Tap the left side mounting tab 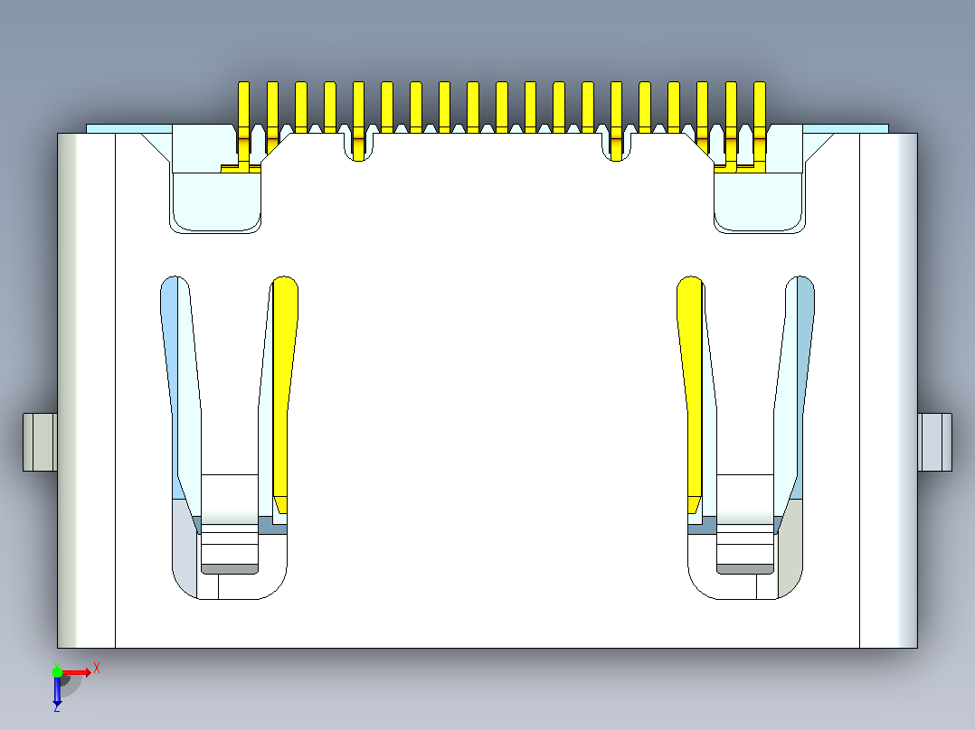click(41, 442)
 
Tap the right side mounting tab click(934, 442)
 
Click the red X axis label click(97, 669)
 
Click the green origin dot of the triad click(57, 672)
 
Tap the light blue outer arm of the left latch click(170, 385)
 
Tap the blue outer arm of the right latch click(805, 385)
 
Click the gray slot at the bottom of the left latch click(230, 568)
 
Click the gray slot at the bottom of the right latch click(745, 568)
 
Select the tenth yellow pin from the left click(502, 107)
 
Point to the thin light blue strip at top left click(129, 128)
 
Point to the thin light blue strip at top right click(846, 128)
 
